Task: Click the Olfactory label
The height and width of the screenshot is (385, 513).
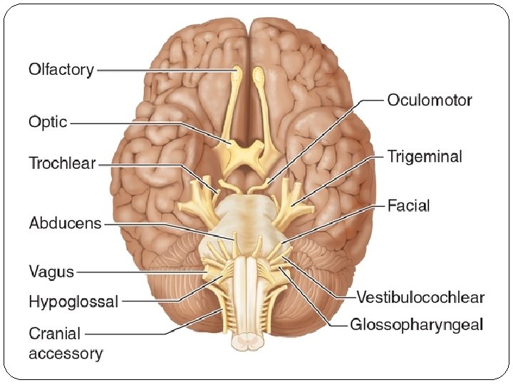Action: [x=61, y=70]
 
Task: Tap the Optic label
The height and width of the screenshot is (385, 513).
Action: [x=48, y=122]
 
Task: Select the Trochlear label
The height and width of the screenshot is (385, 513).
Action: [x=62, y=163]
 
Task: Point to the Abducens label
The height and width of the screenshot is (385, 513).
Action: [x=66, y=223]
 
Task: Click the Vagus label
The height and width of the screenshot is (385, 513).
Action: [x=51, y=271]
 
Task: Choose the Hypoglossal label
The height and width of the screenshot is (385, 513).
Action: [x=73, y=302]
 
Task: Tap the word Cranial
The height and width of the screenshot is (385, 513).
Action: [x=55, y=334]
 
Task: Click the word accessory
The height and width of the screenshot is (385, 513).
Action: [x=66, y=352]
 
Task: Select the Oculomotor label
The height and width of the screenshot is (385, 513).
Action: [x=430, y=101]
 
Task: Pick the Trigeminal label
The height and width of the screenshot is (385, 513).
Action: [x=425, y=156]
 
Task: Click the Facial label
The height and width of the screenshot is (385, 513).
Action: [x=408, y=206]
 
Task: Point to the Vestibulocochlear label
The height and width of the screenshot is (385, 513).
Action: [x=420, y=297]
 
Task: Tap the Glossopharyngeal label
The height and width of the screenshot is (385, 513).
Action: [x=417, y=325]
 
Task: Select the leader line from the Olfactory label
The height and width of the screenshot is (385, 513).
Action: [x=164, y=70]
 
